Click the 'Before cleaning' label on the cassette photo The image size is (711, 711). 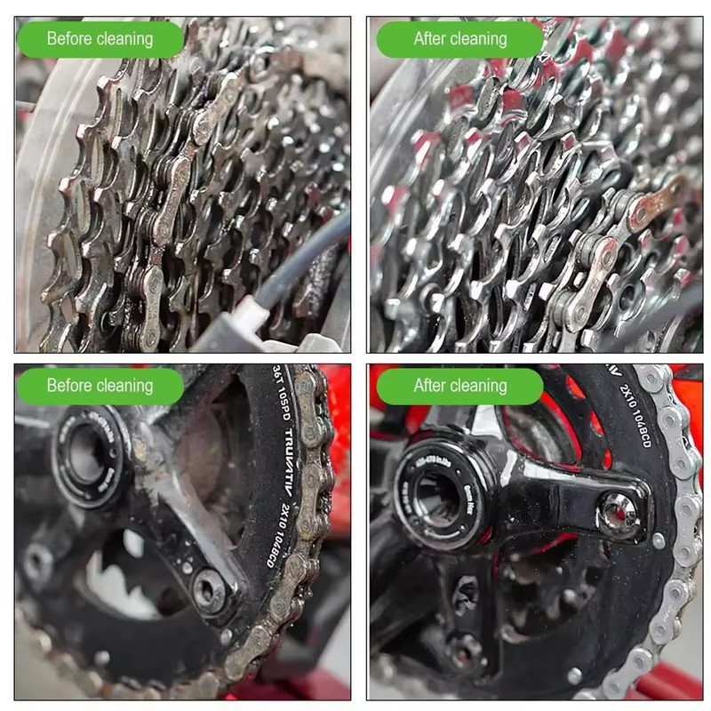100,39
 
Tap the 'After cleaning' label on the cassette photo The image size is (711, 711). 459,39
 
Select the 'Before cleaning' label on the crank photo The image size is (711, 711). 100,386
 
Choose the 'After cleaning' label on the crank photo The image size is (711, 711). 459,386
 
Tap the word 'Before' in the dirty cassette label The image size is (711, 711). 69,39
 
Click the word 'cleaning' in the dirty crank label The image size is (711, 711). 125,386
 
